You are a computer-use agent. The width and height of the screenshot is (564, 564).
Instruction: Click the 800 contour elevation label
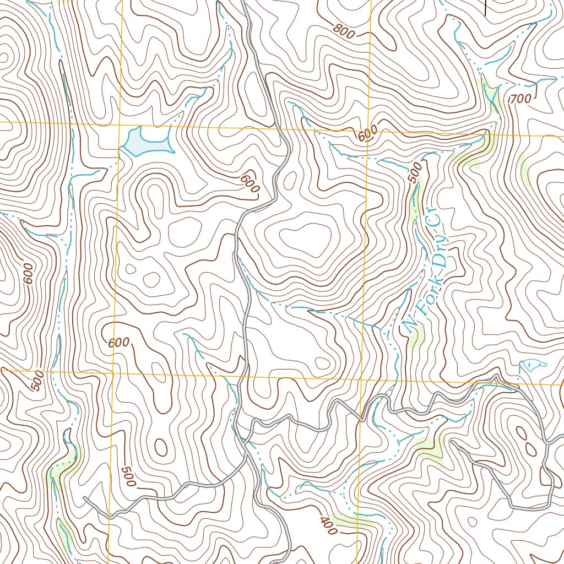click(344, 31)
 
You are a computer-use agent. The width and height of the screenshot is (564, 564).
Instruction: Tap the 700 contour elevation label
click(520, 99)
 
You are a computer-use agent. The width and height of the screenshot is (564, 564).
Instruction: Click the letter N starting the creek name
click(409, 328)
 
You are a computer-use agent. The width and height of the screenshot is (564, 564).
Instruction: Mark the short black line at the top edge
click(485, 7)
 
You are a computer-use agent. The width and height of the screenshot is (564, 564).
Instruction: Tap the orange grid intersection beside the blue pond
click(120, 124)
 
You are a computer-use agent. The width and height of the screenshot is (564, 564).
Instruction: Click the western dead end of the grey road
click(85, 498)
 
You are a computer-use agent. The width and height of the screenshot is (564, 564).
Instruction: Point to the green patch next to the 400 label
click(352, 520)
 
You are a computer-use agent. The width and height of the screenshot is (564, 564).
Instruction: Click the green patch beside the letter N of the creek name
click(417, 335)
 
